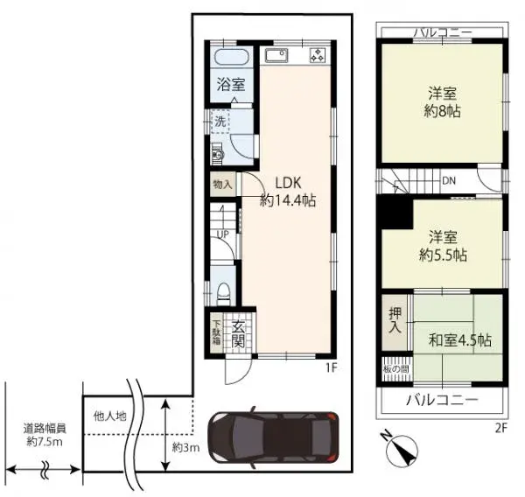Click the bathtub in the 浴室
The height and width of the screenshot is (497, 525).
click(232, 59)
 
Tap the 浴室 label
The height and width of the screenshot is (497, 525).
click(232, 87)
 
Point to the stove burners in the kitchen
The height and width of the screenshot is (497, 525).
click(316, 57)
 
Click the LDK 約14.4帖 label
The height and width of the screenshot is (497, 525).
click(288, 192)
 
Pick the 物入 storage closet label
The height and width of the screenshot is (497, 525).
click(222, 185)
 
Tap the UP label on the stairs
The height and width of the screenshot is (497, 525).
click(223, 234)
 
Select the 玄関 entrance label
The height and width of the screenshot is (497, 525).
click(239, 333)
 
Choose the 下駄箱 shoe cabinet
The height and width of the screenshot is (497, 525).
click(216, 333)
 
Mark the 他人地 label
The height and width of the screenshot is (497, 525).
click(109, 416)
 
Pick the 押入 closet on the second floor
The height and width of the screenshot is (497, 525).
click(395, 320)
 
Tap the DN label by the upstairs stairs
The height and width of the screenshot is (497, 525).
click(448, 180)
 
